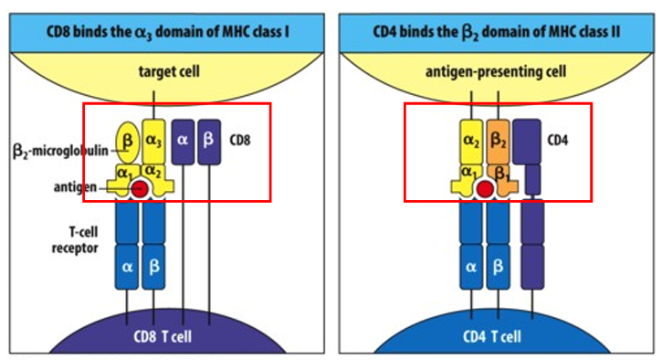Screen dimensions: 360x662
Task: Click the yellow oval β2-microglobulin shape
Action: (126, 141)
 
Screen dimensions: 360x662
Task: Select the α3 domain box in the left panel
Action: (154, 141)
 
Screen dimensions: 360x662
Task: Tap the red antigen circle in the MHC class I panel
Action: (141, 188)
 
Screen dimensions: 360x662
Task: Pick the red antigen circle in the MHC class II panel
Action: (486, 188)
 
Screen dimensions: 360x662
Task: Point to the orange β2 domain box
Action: (499, 141)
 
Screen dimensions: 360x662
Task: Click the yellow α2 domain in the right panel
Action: (472, 141)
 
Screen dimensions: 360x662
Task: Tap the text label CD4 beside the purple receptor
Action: (558, 141)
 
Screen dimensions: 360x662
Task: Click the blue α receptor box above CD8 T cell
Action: (126, 267)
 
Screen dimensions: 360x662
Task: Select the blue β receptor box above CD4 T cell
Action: (499, 267)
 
